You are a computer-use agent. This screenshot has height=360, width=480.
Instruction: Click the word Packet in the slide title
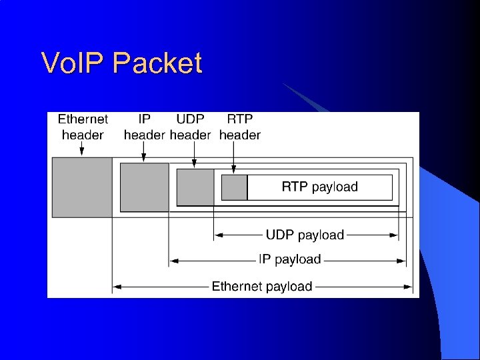157,63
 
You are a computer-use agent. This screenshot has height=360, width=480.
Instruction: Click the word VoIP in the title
74,63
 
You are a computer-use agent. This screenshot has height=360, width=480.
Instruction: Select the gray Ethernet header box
82,187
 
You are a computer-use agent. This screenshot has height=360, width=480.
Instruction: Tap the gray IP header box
144,187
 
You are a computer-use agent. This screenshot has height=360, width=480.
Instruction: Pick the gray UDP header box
195,187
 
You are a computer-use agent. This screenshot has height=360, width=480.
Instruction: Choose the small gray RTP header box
234,187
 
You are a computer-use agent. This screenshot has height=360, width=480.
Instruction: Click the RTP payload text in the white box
319,187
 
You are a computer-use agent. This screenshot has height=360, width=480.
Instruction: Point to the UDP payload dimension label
305,235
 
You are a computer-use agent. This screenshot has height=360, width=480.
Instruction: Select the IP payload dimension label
289,259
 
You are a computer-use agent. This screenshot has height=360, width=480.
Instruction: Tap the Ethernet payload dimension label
262,287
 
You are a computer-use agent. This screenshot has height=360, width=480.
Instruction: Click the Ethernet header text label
83,127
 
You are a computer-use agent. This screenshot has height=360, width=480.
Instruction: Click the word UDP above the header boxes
191,119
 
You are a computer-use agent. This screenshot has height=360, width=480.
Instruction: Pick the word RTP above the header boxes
239,119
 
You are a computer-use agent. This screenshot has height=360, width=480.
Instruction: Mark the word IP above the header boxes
144,119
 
